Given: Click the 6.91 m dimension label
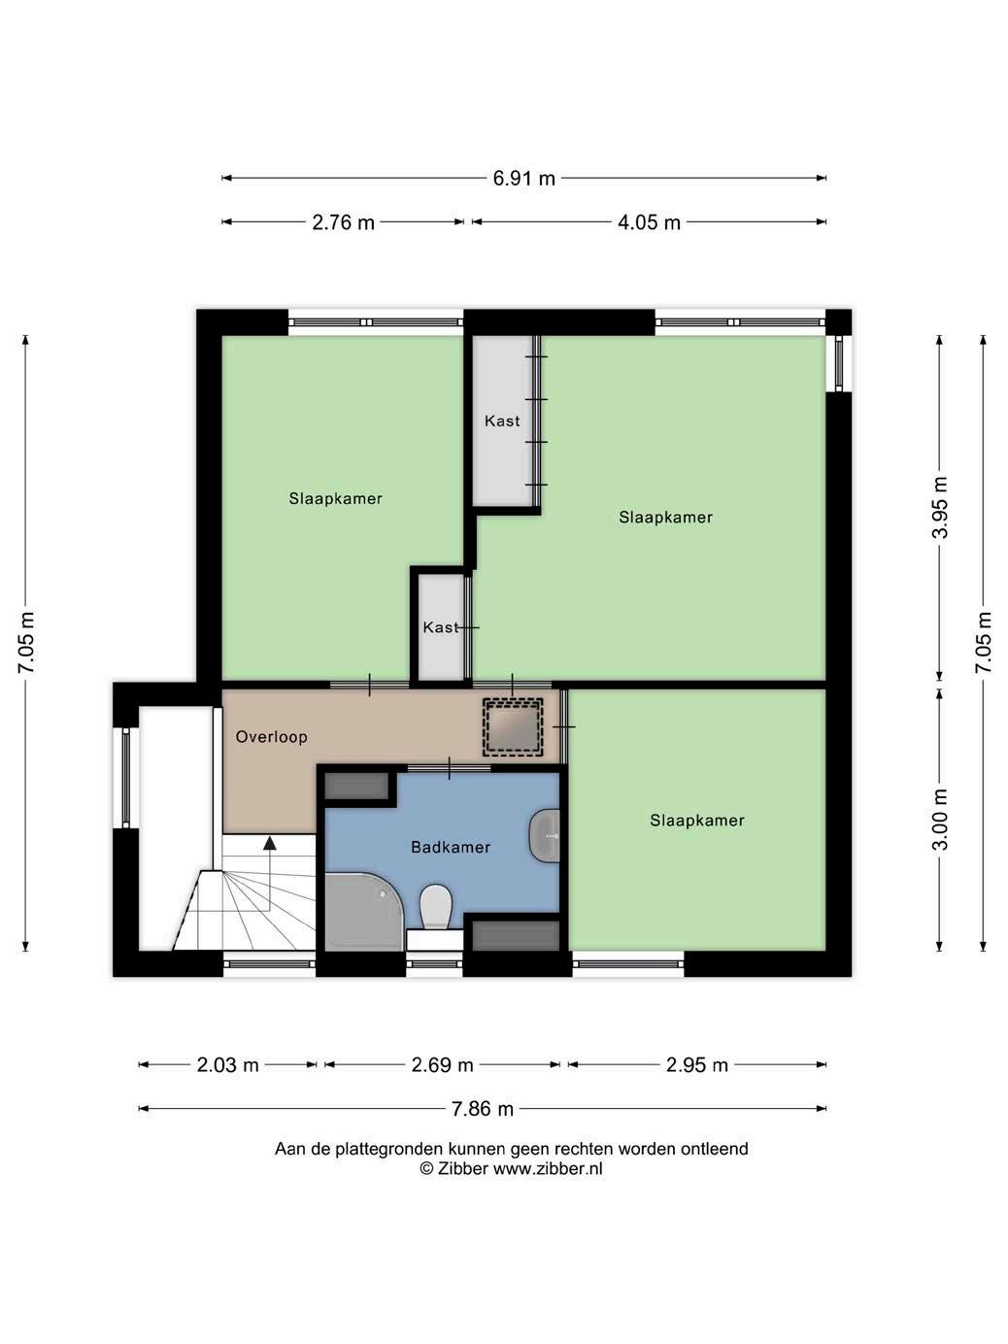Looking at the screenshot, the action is tap(523, 178).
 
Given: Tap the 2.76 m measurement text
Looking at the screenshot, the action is tap(343, 222).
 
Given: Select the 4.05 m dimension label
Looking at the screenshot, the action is tap(649, 222).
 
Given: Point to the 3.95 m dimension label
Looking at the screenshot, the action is tap(939, 508).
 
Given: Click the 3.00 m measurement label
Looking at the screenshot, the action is tap(939, 820).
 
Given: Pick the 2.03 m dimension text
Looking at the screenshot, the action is tap(227, 1064).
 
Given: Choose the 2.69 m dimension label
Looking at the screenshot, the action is tap(442, 1064).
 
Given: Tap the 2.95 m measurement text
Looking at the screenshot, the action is tap(697, 1064).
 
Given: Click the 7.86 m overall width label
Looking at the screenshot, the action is tap(483, 1109).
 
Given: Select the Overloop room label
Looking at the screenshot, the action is tap(271, 737).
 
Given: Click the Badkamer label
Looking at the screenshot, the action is tap(451, 848).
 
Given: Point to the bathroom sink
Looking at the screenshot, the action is tap(544, 835).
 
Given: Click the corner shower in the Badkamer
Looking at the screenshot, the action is tap(363, 912).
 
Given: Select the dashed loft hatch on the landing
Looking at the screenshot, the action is tap(513, 726).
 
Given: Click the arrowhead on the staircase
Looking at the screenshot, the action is tap(269, 843).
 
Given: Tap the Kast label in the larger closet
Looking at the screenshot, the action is tap(502, 420).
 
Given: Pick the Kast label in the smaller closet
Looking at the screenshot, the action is tap(441, 627).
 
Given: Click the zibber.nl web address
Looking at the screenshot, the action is tap(548, 1168).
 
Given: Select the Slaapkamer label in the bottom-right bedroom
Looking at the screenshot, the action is tap(697, 821).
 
